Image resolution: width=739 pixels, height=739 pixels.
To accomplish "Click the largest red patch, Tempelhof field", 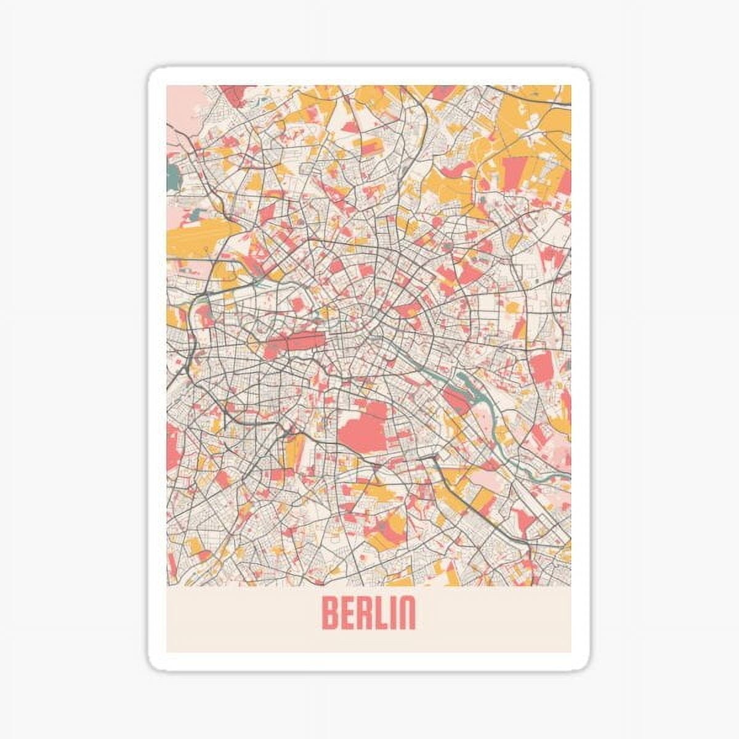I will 363,425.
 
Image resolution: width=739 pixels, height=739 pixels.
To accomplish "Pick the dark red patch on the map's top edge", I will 237,94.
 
